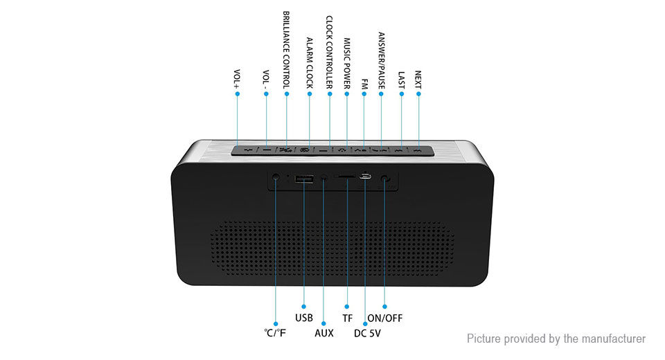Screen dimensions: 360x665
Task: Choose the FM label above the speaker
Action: tap(364, 83)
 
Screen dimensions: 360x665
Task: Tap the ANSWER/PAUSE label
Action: tap(381, 60)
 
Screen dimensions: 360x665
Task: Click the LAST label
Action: tap(401, 79)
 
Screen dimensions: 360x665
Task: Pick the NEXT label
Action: tap(418, 79)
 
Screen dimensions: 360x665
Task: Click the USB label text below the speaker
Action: tap(304, 318)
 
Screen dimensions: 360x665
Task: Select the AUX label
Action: tap(324, 333)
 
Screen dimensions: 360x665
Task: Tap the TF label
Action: tap(347, 318)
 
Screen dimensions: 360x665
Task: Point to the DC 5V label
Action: tap(367, 333)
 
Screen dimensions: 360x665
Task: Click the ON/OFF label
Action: tap(384, 318)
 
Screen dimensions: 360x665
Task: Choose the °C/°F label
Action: tap(275, 333)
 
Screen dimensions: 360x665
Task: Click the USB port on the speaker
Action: tap(303, 179)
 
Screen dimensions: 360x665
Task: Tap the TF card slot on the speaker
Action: tap(346, 177)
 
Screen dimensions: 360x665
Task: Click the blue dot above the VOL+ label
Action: tap(237, 93)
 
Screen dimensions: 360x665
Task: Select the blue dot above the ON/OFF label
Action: tap(384, 306)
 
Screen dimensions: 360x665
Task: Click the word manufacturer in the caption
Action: tap(612, 339)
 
